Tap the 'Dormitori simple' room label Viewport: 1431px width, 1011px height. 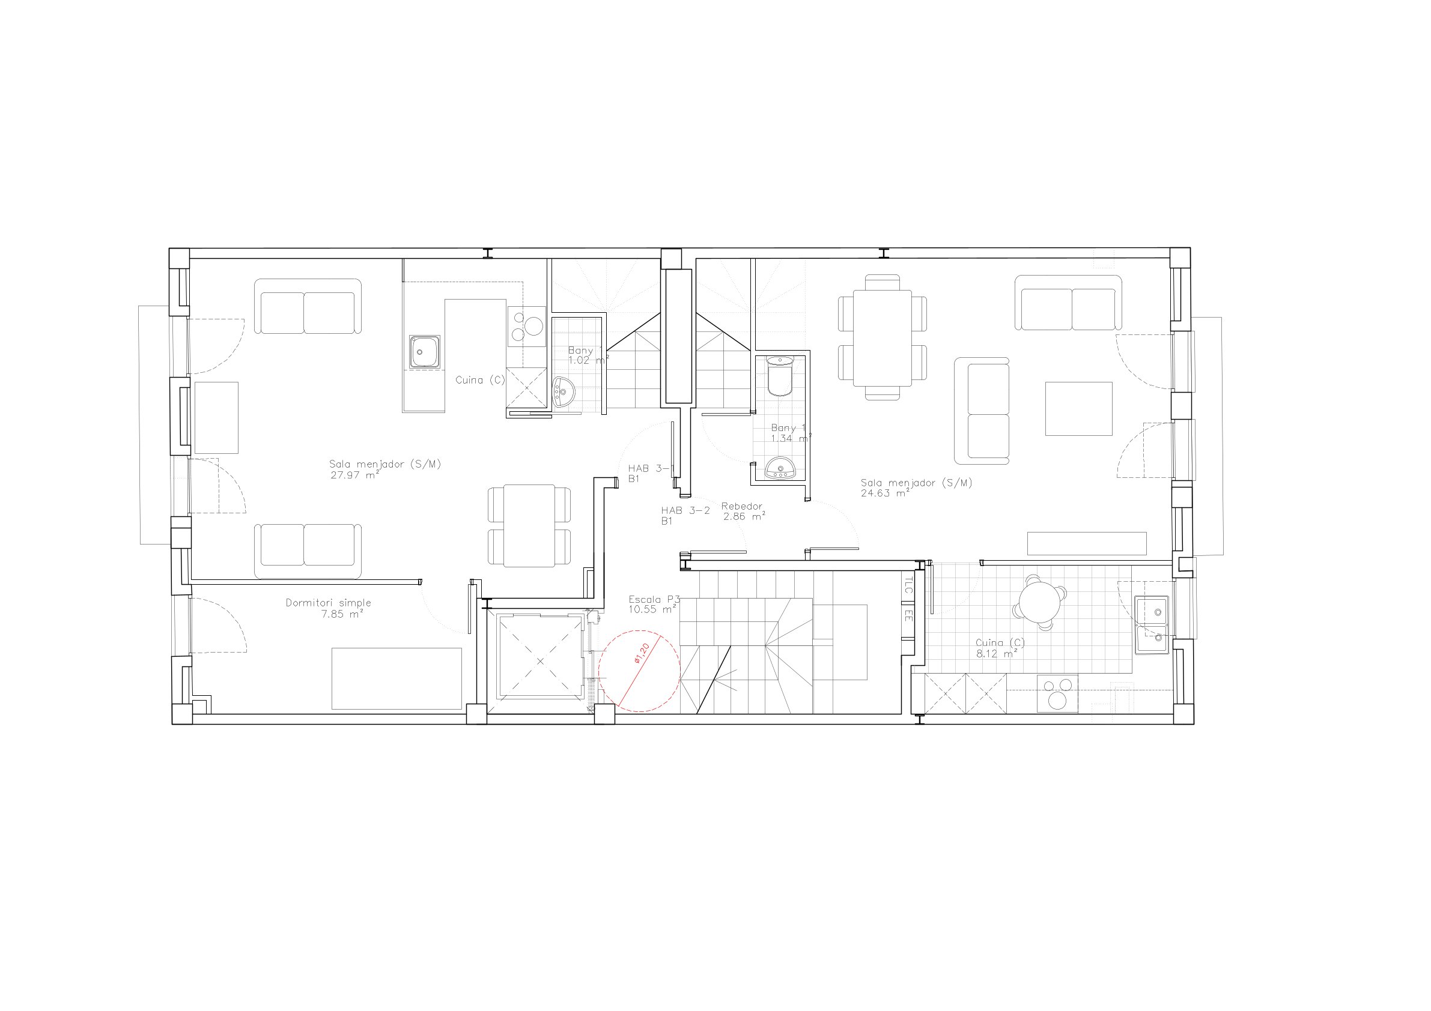pos(329,603)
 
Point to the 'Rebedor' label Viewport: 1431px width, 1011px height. pos(742,507)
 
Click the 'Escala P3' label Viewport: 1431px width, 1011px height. pos(654,600)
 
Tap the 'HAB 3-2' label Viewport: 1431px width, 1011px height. pos(685,510)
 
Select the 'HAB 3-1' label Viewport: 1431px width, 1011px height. pos(651,468)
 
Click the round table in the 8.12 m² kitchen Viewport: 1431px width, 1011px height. pos(1039,602)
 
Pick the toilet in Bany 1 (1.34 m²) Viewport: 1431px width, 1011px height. pos(780,376)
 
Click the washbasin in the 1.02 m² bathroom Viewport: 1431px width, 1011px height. pos(562,392)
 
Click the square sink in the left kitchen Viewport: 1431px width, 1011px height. pos(425,352)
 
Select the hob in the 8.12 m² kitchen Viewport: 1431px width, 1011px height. pos(1058,693)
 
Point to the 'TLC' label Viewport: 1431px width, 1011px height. pos(908,586)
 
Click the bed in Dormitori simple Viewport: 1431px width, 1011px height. pos(396,678)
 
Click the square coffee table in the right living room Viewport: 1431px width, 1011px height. pos(1079,409)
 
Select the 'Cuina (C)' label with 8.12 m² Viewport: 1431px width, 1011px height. pos(1000,648)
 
